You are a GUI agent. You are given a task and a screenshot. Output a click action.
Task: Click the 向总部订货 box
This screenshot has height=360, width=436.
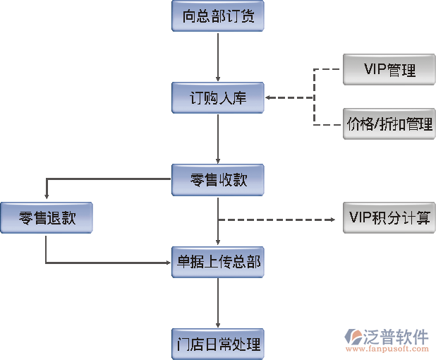pyautogui.click(x=218, y=16)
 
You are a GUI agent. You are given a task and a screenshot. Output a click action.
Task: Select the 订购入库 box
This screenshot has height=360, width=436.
pyautogui.click(x=218, y=98)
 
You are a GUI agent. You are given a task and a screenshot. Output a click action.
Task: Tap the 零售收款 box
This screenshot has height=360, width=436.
pyautogui.click(x=218, y=179)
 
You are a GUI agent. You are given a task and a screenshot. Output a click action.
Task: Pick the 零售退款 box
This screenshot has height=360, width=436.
pyautogui.click(x=46, y=217)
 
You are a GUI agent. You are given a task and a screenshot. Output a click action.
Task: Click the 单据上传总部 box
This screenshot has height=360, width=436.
pyautogui.click(x=218, y=263)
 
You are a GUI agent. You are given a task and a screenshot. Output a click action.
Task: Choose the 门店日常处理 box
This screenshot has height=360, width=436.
pyautogui.click(x=218, y=344)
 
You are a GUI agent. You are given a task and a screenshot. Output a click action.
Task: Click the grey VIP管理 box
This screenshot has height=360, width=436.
pyautogui.click(x=389, y=69)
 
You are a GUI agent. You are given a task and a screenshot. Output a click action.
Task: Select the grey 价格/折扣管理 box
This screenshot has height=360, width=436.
pyautogui.click(x=389, y=124)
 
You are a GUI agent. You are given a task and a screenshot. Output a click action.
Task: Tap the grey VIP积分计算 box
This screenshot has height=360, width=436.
pyautogui.click(x=389, y=217)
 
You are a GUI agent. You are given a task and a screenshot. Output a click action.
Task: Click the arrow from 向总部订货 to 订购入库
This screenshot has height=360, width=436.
pyautogui.click(x=218, y=56)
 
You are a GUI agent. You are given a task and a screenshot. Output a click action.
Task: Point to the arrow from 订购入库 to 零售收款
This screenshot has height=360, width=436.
pyautogui.click(x=218, y=138)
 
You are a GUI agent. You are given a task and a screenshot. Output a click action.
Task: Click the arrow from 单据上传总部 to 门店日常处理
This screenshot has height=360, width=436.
pyautogui.click(x=218, y=304)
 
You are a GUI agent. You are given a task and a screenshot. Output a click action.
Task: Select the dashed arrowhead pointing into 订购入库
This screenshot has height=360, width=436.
pyautogui.click(x=270, y=98)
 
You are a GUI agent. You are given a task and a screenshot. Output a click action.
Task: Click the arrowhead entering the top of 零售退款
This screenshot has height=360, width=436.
pyautogui.click(x=46, y=198)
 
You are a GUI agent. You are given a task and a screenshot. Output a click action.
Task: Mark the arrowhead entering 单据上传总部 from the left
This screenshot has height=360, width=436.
pyautogui.click(x=168, y=263)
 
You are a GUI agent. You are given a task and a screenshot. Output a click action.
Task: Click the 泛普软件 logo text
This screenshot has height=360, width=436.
pyautogui.click(x=397, y=335)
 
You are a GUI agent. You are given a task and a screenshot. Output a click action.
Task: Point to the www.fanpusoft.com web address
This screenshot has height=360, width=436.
pyautogui.click(x=397, y=349)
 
